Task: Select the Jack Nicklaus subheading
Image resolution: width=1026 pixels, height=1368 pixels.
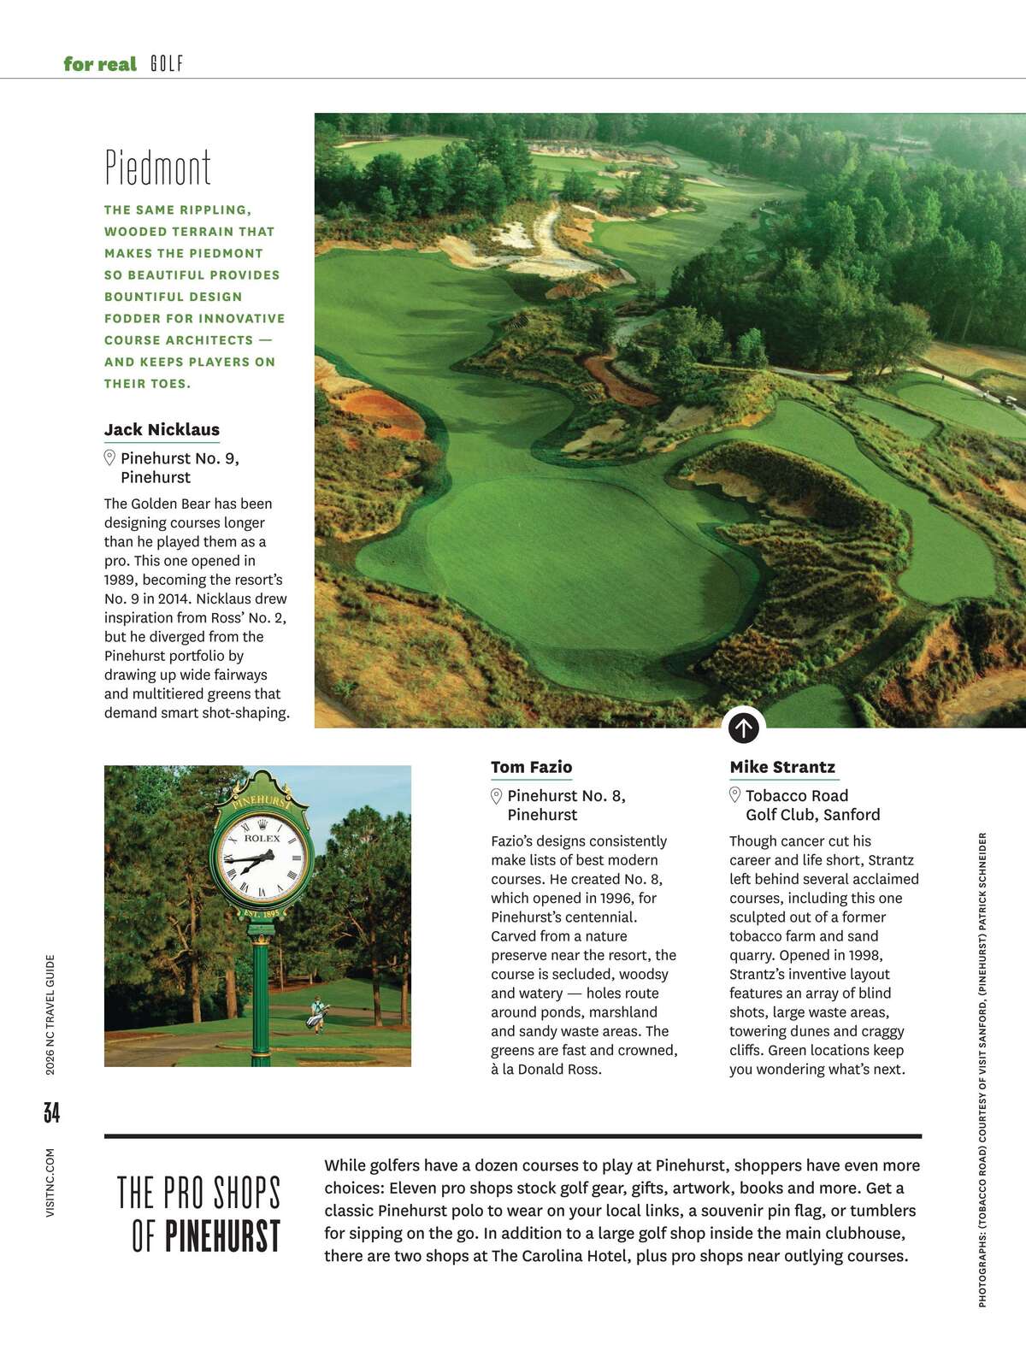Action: click(x=162, y=429)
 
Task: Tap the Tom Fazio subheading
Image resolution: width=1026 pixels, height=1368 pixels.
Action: click(x=531, y=767)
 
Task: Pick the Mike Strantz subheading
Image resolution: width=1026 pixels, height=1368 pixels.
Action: click(x=782, y=767)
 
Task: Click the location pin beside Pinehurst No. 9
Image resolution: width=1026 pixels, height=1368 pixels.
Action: click(x=109, y=457)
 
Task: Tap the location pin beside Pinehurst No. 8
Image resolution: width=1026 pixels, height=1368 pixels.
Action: click(x=496, y=796)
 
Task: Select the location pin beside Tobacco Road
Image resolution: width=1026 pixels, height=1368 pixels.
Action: click(x=734, y=795)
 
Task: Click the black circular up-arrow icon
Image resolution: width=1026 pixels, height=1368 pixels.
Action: click(x=744, y=728)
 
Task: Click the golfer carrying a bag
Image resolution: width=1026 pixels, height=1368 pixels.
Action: click(x=317, y=1014)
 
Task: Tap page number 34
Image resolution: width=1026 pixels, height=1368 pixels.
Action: click(x=51, y=1112)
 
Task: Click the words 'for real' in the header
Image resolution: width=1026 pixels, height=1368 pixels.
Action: click(x=100, y=64)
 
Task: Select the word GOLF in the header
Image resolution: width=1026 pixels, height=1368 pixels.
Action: click(x=167, y=64)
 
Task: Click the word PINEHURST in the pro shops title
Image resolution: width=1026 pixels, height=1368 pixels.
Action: click(x=222, y=1235)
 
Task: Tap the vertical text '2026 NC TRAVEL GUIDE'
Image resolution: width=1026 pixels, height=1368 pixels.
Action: click(x=51, y=1014)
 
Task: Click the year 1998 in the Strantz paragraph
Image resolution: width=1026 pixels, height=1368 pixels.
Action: click(x=864, y=955)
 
